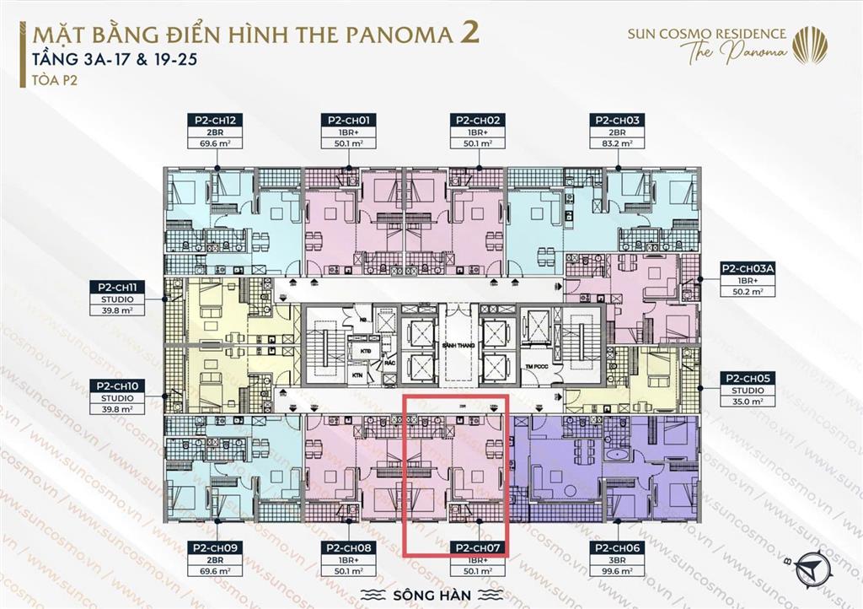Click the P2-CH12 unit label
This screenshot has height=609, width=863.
[x=217, y=121]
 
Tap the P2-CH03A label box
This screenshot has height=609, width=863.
[x=748, y=269]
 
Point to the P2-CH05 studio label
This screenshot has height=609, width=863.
[x=748, y=379]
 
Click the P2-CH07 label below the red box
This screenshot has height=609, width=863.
[x=479, y=547]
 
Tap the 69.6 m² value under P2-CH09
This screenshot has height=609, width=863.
[x=217, y=571]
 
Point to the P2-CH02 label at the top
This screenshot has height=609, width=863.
[x=479, y=121]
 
